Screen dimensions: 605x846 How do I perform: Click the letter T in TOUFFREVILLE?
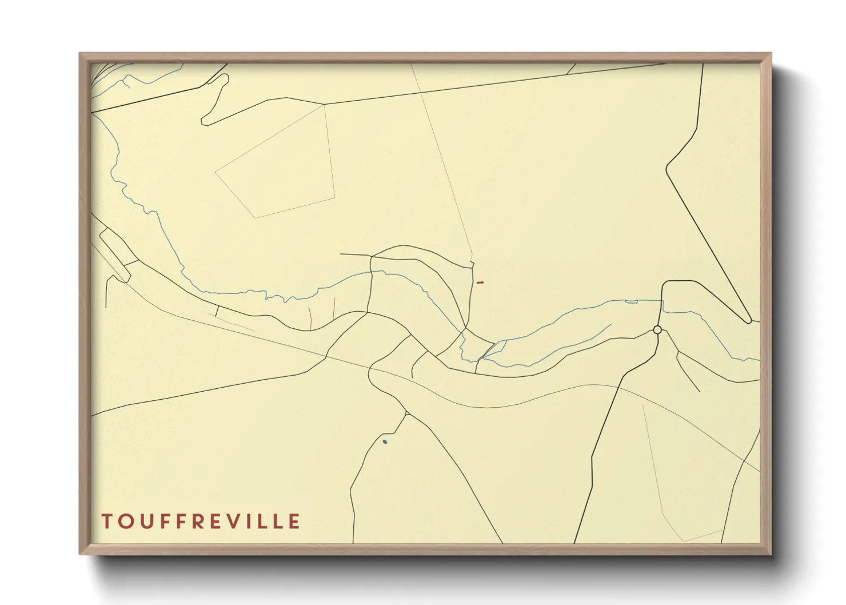[107, 522]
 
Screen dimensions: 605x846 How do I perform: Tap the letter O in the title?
[125, 522]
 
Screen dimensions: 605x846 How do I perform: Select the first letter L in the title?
[260, 522]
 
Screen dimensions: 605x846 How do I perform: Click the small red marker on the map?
[480, 282]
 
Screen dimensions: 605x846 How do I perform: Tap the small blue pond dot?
[385, 441]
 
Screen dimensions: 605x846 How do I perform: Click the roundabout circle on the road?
[657, 330]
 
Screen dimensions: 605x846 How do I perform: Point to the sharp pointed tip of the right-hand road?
[749, 321]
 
